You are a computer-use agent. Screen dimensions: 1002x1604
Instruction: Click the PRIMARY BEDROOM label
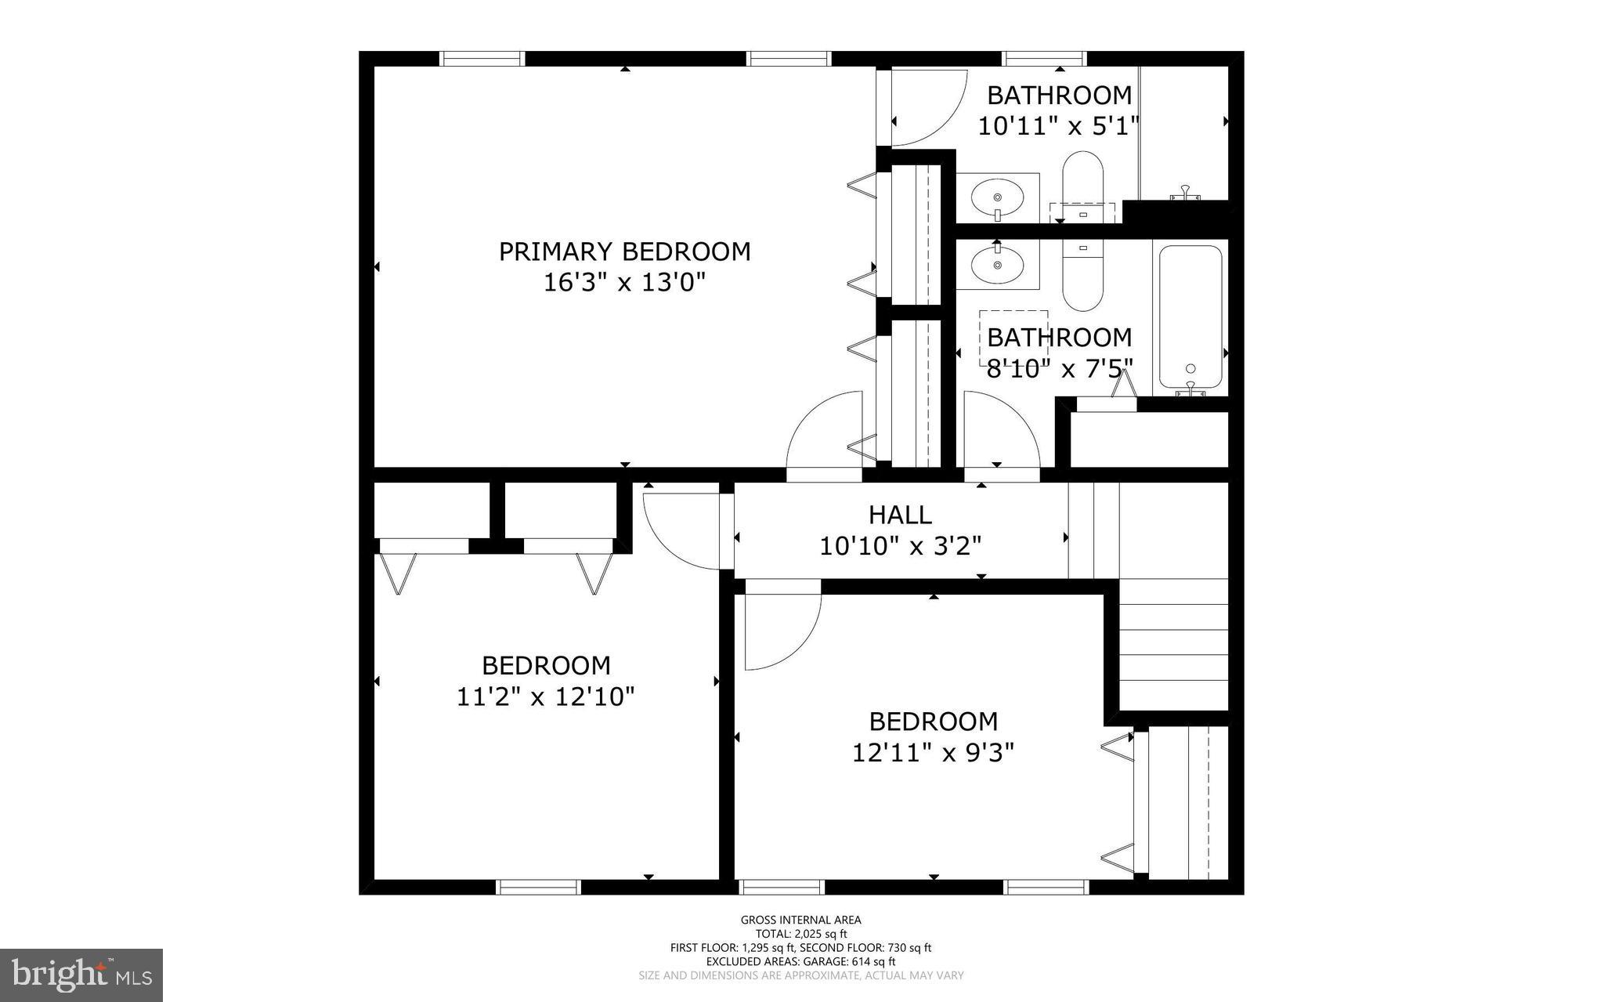pos(624,251)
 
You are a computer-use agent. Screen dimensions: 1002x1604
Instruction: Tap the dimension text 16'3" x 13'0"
pos(624,282)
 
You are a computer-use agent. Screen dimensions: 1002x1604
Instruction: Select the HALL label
pos(900,515)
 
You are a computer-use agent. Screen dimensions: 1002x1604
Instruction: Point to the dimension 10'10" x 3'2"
pos(900,545)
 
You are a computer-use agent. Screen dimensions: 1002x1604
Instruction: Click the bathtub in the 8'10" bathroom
pos(1190,317)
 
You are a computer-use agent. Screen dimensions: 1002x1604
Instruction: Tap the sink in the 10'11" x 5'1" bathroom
pos(997,197)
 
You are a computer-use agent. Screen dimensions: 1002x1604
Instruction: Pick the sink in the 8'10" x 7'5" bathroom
pos(997,264)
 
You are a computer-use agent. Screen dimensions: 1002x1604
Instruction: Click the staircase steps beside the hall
pos(1172,642)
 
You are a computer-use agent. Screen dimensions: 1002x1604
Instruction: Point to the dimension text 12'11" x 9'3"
pos(933,753)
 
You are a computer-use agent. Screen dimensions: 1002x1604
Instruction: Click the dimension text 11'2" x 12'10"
pos(545,696)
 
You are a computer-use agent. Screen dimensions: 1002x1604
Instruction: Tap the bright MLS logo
pos(81,975)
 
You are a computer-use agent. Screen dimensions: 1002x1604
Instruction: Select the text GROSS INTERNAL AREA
pos(800,920)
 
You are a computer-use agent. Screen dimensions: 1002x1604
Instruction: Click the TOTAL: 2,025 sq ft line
pos(800,934)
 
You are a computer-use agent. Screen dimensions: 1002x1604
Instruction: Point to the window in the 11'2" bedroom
pos(539,887)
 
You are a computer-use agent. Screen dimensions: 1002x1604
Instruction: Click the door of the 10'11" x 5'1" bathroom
pos(924,110)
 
